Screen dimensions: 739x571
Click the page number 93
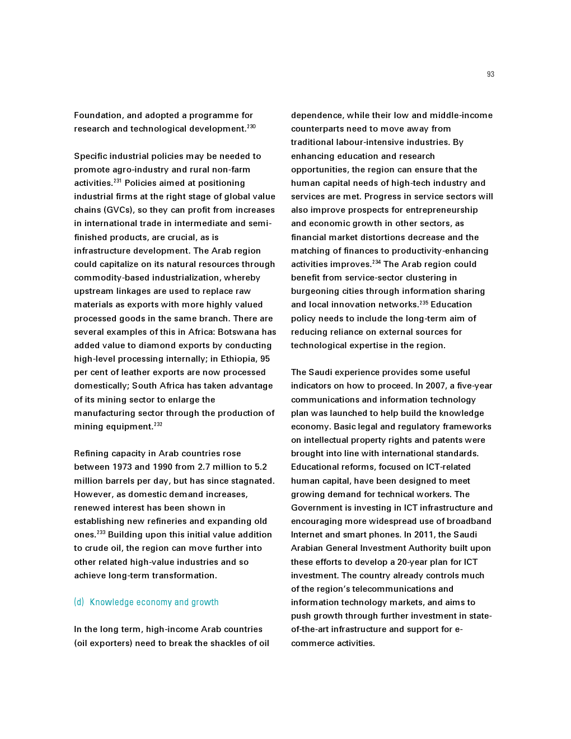click(490, 74)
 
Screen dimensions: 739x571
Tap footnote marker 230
click(251, 127)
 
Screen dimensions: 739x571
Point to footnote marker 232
click(158, 424)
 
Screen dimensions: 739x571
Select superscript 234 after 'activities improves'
click(377, 262)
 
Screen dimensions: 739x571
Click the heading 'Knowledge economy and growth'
click(154, 602)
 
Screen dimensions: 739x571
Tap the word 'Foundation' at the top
click(98, 115)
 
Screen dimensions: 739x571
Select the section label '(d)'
click(79, 602)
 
